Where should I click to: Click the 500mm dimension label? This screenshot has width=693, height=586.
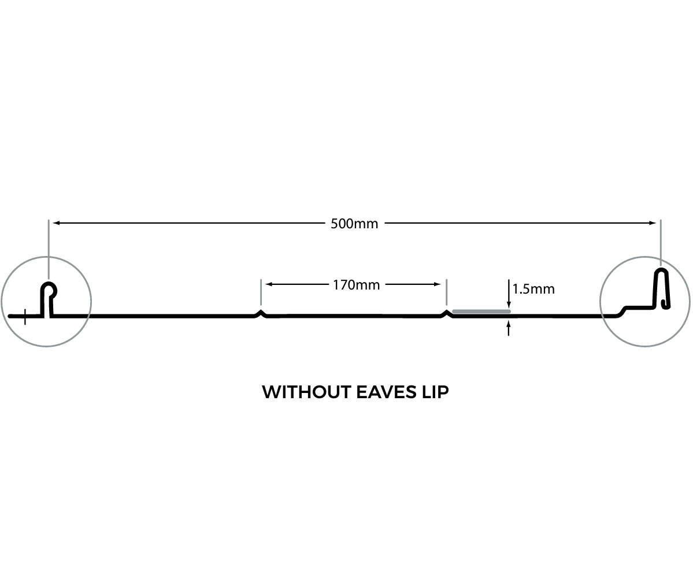click(x=354, y=224)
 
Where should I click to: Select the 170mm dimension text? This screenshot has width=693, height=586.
click(x=356, y=284)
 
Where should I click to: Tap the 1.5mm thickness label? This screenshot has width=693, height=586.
click(x=533, y=289)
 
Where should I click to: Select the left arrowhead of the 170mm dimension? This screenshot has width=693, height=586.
click(x=269, y=284)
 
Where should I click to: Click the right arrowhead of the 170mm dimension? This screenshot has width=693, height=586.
click(x=438, y=284)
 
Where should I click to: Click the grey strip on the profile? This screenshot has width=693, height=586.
click(x=481, y=311)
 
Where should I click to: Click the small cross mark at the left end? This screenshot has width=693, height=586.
click(x=25, y=316)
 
